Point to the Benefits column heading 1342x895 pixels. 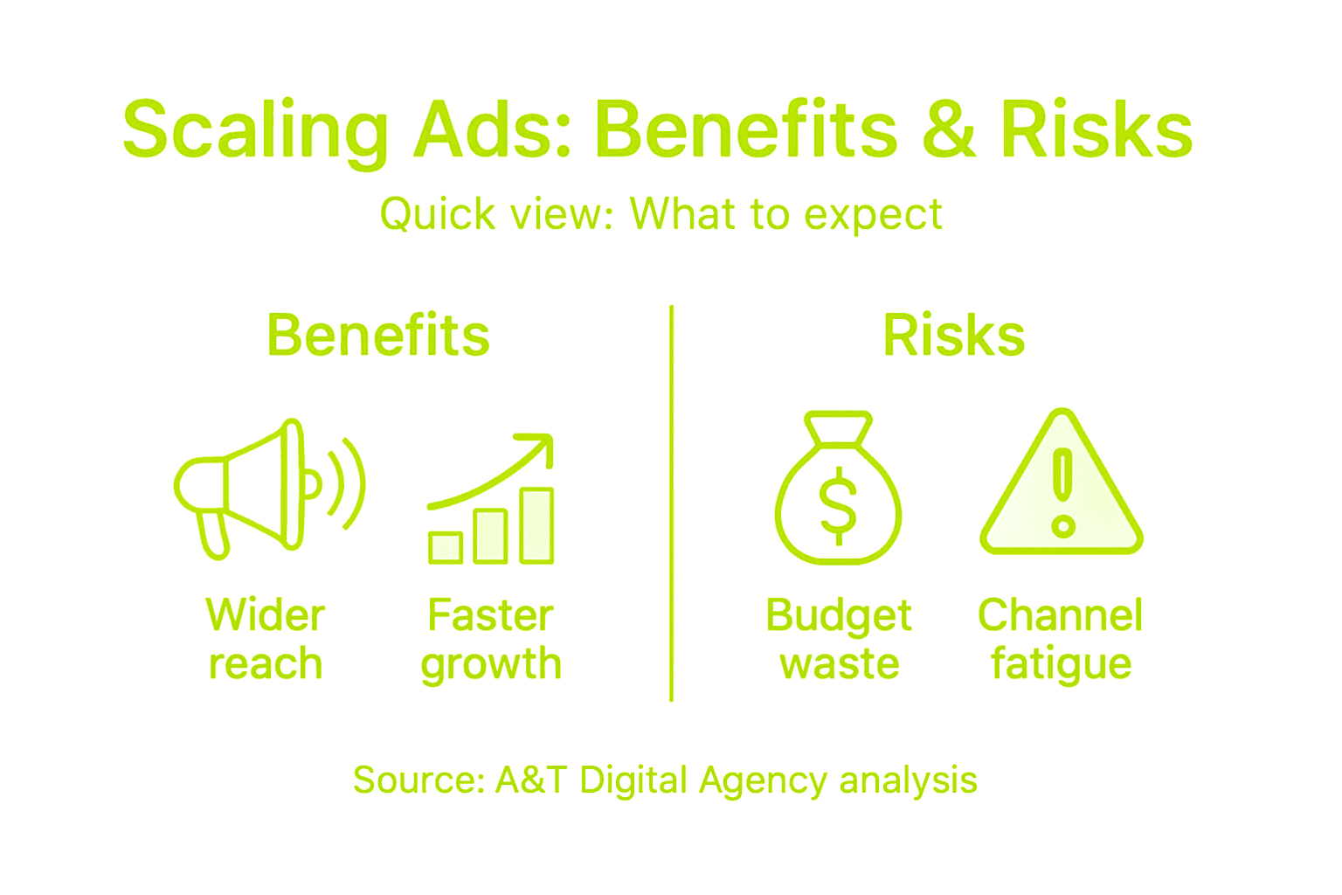coord(378,336)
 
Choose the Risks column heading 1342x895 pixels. coord(954,336)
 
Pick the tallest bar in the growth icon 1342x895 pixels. coord(536,524)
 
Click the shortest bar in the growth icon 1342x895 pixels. coord(446,547)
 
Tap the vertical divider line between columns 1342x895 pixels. coord(671,503)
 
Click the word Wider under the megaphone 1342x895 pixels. coord(266,615)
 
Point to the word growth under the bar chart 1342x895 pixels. coord(491,664)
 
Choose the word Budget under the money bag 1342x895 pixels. coord(839,615)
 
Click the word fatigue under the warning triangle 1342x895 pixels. coord(1061,664)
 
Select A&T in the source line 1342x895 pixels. coord(531,780)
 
